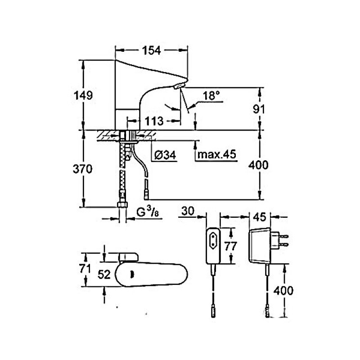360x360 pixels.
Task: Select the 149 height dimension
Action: tap(84, 95)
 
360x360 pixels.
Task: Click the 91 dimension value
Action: tap(259, 109)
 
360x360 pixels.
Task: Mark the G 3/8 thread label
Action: tap(147, 211)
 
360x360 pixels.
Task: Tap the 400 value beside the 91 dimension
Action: tap(259, 165)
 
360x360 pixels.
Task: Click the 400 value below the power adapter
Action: tap(284, 290)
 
